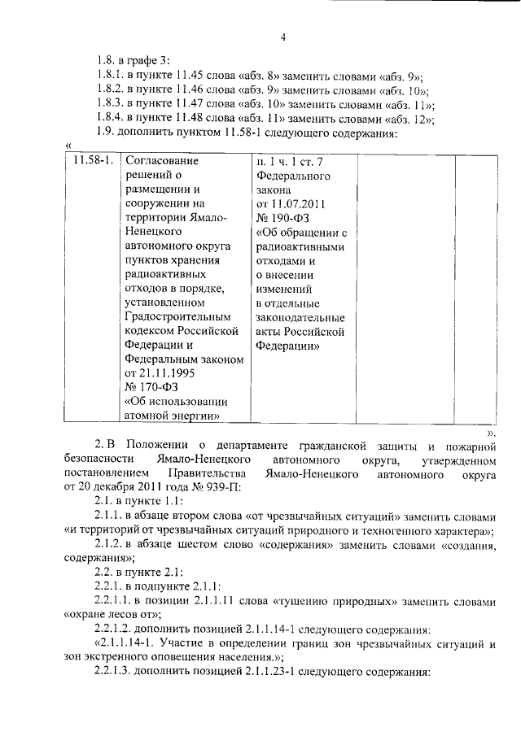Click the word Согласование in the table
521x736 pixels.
(x=161, y=161)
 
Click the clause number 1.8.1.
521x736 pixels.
(x=111, y=76)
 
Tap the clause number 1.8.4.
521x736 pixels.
(x=111, y=119)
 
